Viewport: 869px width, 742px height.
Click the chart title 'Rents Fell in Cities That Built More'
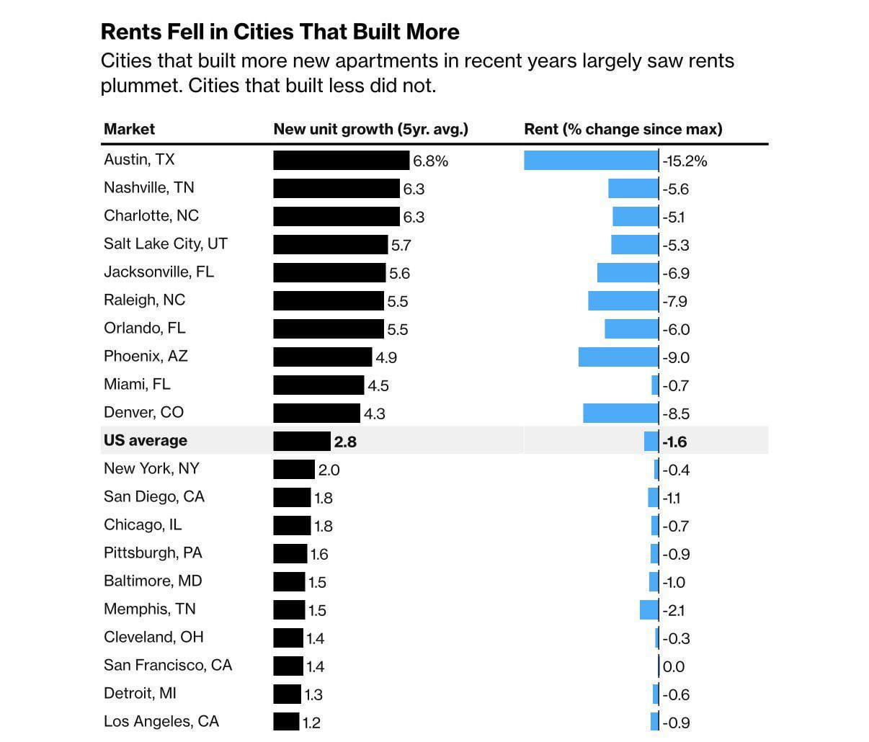[x=280, y=32]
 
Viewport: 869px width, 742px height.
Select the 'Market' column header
[x=129, y=129]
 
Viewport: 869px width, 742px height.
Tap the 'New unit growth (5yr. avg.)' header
[x=371, y=129]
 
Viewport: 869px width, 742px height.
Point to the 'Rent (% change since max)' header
[x=623, y=129]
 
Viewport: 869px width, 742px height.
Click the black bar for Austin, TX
[x=341, y=160]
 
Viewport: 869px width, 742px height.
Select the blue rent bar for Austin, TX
[x=591, y=160]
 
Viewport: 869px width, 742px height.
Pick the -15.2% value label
[x=685, y=161]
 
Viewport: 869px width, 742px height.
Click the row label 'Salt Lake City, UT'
[x=166, y=243]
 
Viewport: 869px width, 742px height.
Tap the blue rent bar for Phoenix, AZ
[x=618, y=357]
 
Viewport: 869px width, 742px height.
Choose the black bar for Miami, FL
[x=318, y=385]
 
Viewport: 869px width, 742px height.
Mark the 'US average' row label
[x=146, y=440]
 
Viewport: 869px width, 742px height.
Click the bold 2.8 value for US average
[x=345, y=442]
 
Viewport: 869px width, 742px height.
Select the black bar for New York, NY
[x=294, y=469]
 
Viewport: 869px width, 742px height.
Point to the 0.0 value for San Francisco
[x=674, y=666]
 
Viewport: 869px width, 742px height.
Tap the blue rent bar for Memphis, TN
[x=649, y=609]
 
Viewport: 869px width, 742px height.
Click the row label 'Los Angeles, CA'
[x=161, y=721]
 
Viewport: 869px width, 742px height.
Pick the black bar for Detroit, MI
[x=287, y=694]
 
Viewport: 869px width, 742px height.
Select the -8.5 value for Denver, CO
[x=676, y=414]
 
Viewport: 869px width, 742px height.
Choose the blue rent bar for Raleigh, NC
[x=623, y=300]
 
